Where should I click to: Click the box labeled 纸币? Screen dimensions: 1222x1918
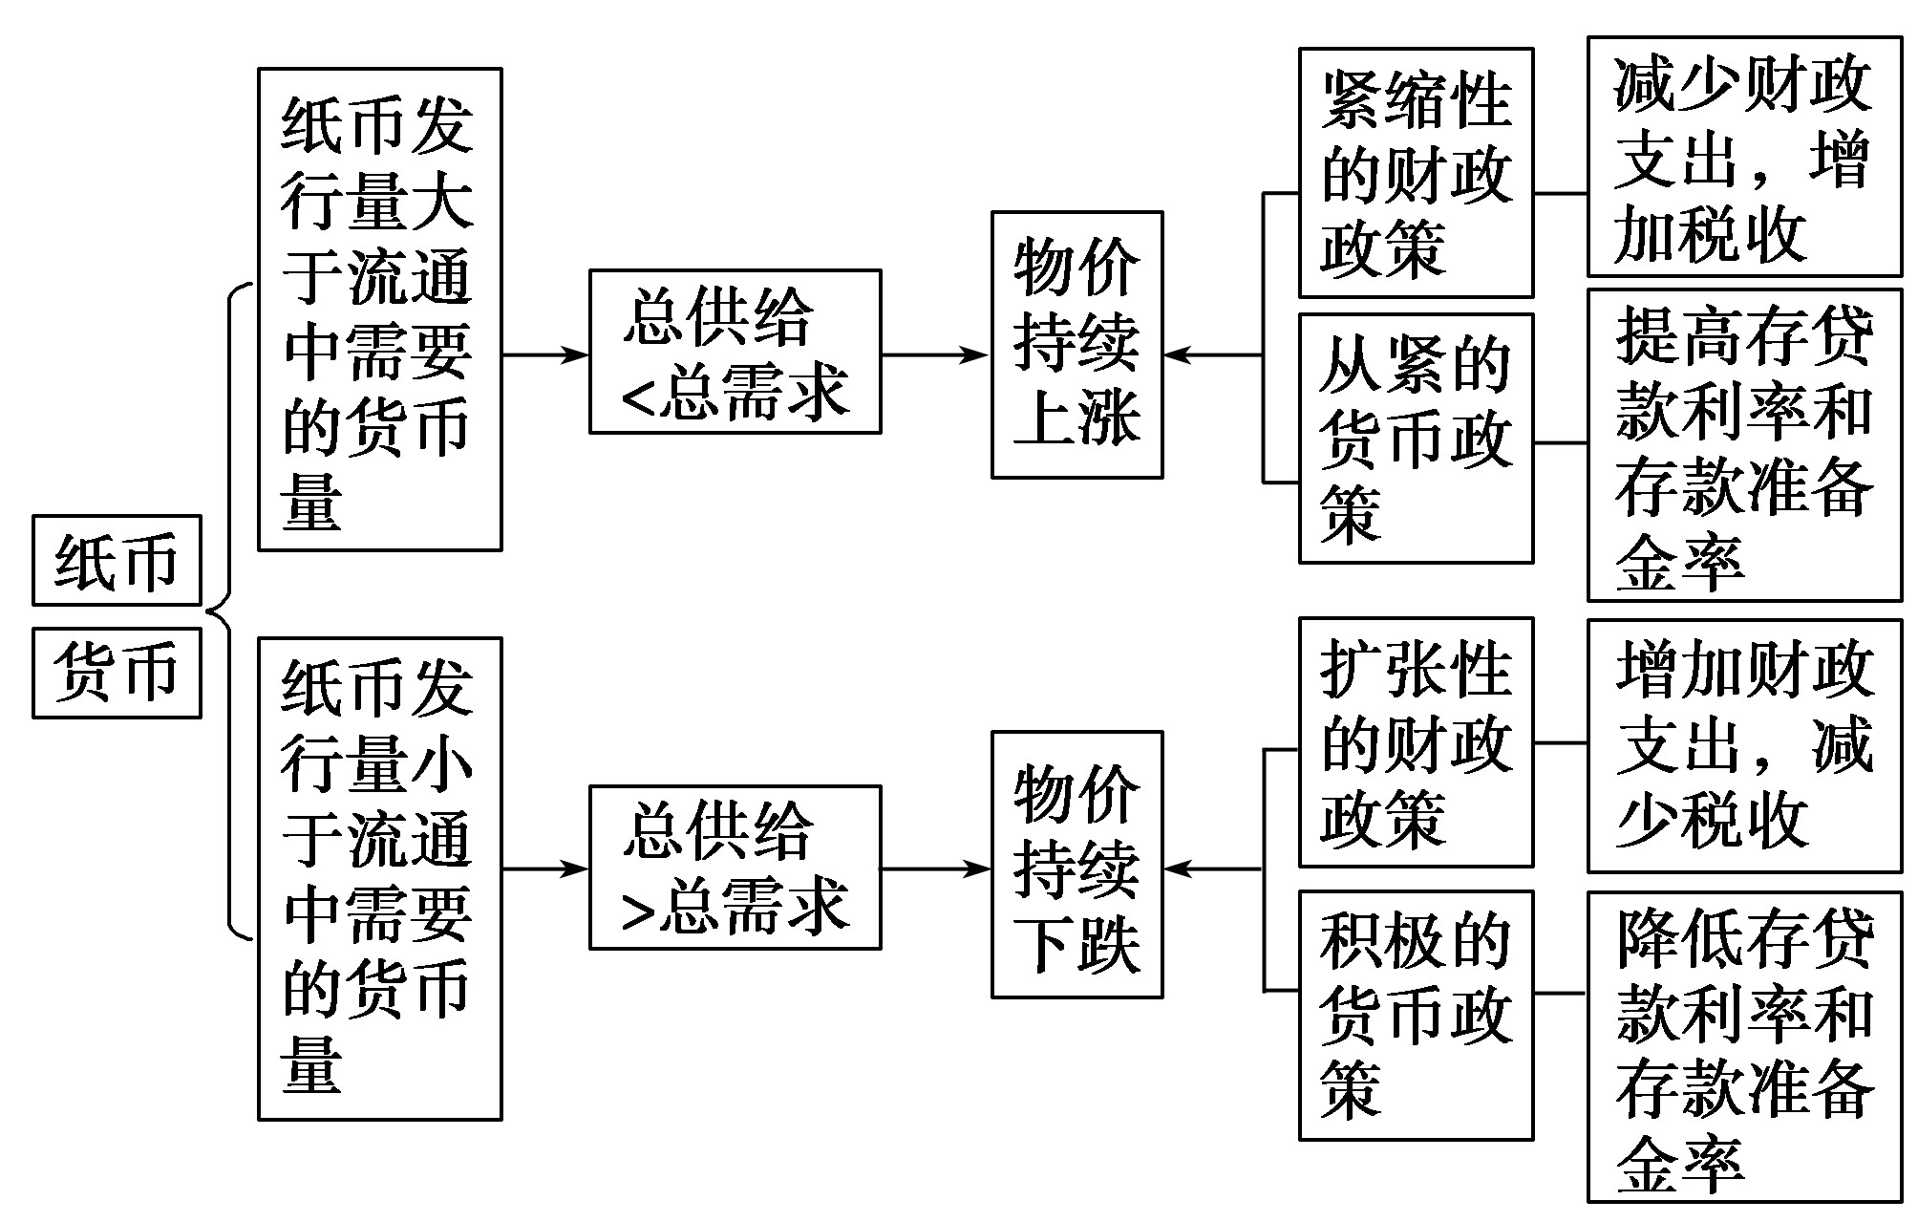(x=117, y=560)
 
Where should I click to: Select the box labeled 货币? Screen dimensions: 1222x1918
(x=117, y=672)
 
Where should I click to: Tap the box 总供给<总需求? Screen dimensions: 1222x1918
(x=735, y=352)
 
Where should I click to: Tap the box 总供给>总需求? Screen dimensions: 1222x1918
(x=735, y=868)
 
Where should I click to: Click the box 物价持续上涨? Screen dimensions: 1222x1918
(x=1076, y=345)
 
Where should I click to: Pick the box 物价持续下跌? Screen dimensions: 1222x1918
(x=1076, y=865)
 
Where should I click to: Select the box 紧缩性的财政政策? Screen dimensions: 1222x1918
(x=1416, y=173)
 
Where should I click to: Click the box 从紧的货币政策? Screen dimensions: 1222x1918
(x=1416, y=439)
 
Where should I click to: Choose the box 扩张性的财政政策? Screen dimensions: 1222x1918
(x=1416, y=742)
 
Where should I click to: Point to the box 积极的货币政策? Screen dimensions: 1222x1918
(x=1416, y=1015)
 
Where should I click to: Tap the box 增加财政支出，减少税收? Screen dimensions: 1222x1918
(x=1744, y=745)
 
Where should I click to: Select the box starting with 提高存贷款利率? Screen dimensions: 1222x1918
(x=1744, y=445)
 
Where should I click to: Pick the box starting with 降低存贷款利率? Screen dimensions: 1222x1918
(x=1744, y=1046)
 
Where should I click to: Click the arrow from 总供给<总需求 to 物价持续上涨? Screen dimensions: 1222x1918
(x=934, y=355)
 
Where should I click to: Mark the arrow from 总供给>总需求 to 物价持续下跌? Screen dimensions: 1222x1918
(x=934, y=868)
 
